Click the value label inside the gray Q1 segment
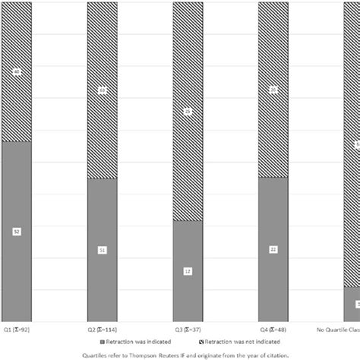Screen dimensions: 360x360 tap(17, 231)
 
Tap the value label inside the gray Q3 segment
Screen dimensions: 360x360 tap(188, 271)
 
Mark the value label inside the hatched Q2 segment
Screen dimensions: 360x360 tap(103, 90)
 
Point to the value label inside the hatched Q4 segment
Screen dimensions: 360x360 tap(273, 90)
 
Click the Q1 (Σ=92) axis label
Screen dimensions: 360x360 tap(17, 330)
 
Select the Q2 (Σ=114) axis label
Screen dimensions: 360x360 tap(103, 330)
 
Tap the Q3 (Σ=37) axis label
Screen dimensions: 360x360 tap(188, 330)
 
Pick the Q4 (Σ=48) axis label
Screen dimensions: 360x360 tap(273, 330)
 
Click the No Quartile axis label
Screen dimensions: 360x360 tap(338, 330)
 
